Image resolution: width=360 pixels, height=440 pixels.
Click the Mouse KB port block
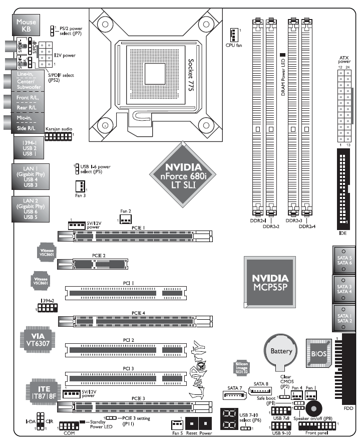point(26,26)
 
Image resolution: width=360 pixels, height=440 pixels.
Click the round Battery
point(280,352)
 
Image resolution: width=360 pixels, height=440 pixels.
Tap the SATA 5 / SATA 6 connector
point(344,259)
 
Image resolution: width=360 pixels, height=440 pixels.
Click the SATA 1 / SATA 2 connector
point(344,316)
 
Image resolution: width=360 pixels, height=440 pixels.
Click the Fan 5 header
point(176,423)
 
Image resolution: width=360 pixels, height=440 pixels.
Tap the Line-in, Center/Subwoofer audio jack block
point(26,81)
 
